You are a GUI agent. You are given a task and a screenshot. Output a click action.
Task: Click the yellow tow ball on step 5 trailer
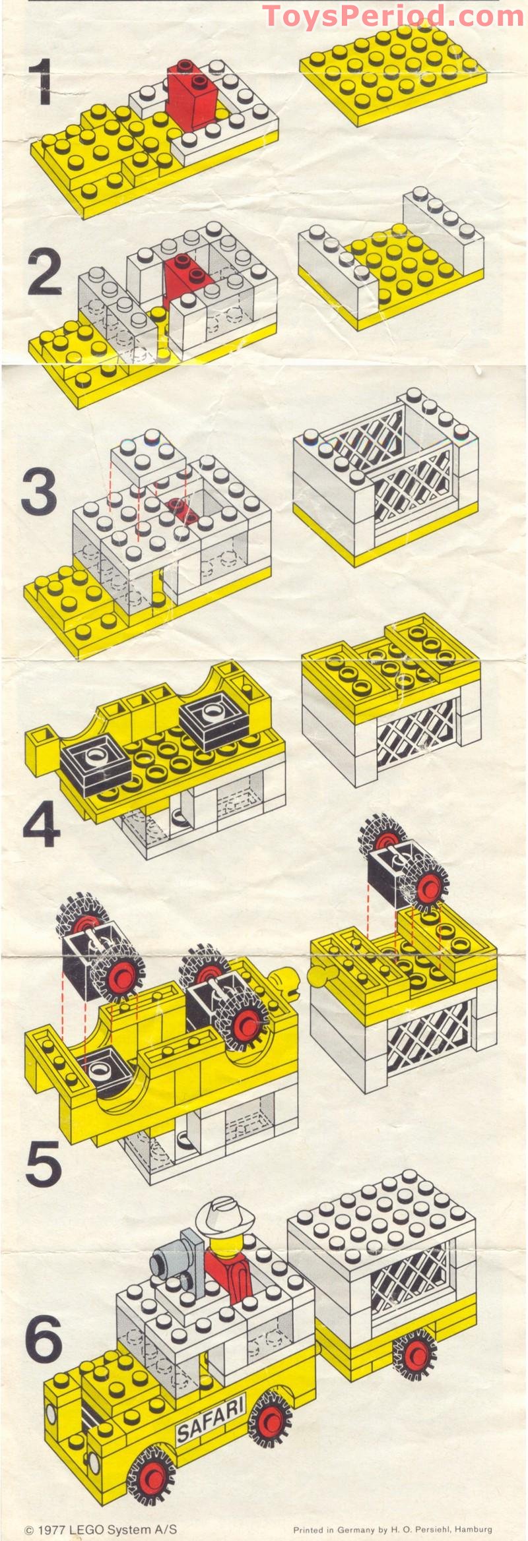tap(319, 975)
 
